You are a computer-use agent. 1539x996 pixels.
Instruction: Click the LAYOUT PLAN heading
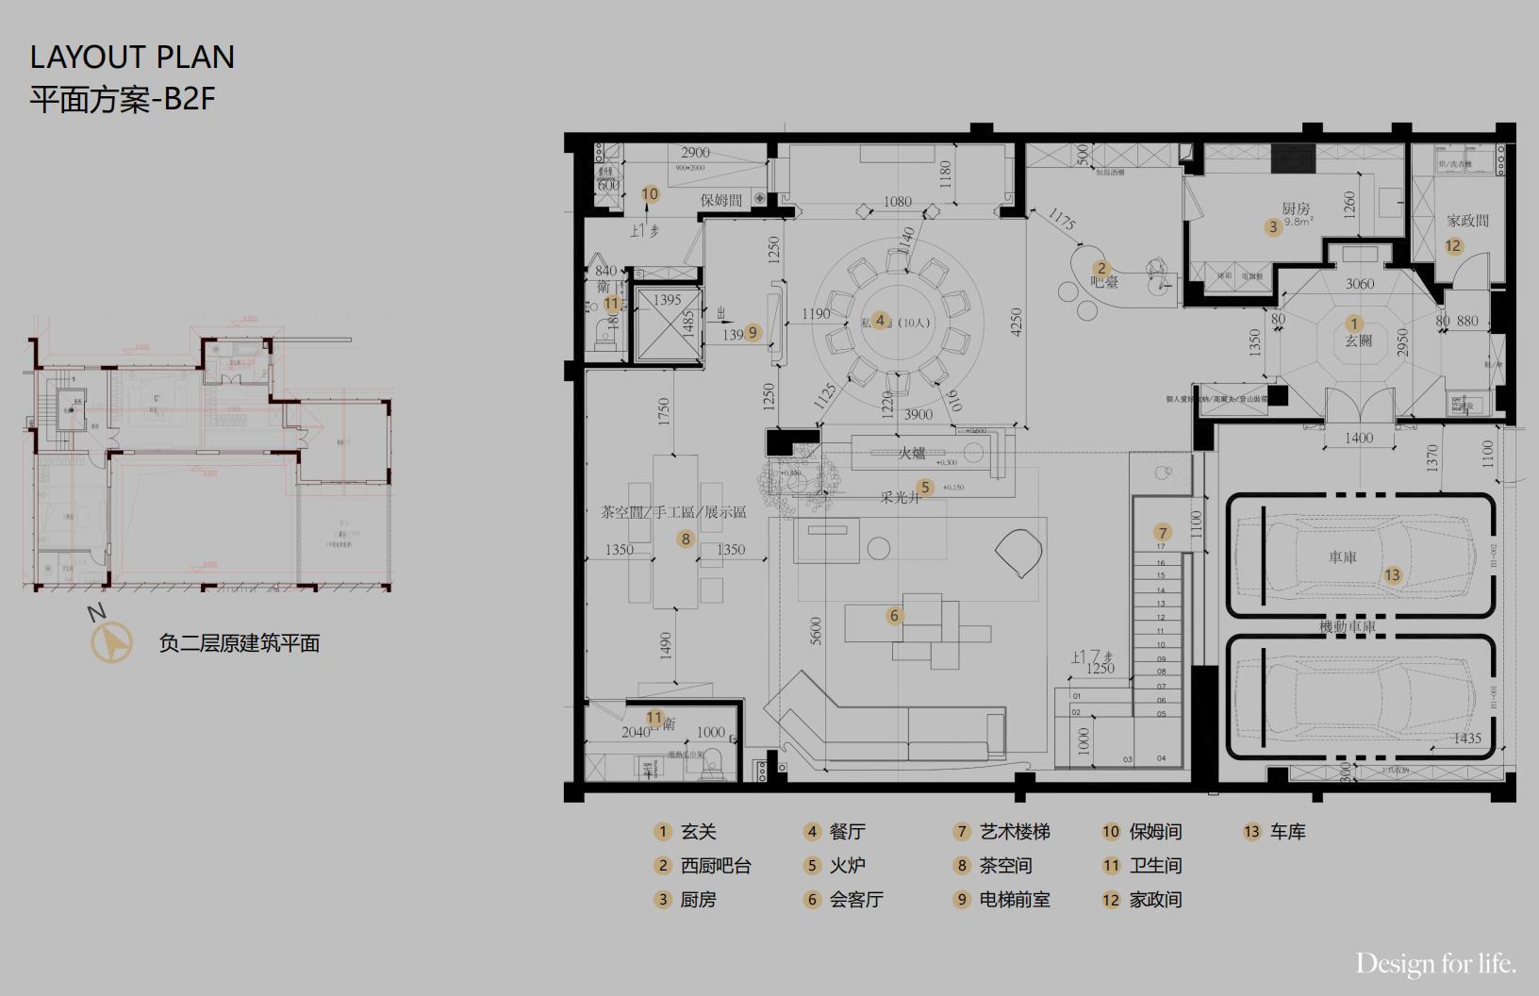click(132, 58)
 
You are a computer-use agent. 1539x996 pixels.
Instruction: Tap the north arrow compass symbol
click(111, 643)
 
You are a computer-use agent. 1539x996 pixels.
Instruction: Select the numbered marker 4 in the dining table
click(880, 321)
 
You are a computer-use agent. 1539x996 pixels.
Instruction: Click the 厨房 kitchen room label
click(1296, 208)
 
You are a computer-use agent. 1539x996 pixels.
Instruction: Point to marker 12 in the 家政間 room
click(1453, 245)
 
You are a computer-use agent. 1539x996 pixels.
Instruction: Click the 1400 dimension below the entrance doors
click(1359, 438)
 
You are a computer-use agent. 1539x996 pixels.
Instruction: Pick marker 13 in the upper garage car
click(1392, 574)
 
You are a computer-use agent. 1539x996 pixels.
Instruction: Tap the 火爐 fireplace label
click(911, 453)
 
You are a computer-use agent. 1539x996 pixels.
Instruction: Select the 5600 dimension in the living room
click(817, 630)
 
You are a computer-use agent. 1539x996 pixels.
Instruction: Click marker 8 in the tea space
click(686, 539)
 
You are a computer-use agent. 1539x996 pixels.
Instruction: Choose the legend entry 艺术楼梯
click(1014, 832)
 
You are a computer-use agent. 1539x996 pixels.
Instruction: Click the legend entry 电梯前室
click(1014, 900)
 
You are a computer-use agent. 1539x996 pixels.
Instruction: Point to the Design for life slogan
click(1435, 964)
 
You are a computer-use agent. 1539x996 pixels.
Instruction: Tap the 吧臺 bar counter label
click(1104, 281)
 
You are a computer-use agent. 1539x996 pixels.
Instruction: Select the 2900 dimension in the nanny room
click(695, 153)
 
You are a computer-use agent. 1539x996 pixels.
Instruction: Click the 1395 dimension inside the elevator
click(667, 300)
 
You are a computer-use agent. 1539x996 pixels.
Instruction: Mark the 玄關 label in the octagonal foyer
click(1358, 340)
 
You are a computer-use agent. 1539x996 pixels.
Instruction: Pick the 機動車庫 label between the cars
click(1348, 626)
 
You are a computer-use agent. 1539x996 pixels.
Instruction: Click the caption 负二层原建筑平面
click(240, 643)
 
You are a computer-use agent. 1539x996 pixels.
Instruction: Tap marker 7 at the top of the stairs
click(1163, 533)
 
